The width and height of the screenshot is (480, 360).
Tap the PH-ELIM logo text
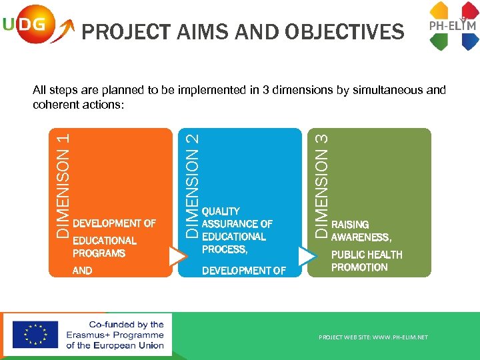pyautogui.click(x=452, y=26)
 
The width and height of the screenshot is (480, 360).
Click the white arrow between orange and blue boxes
pyautogui.click(x=178, y=257)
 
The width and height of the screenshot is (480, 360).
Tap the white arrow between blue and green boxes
pyautogui.click(x=307, y=257)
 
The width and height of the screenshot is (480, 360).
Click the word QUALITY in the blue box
pyautogui.click(x=221, y=211)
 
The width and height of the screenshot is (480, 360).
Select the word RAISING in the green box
pyautogui.click(x=350, y=225)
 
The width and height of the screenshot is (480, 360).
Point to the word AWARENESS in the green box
pyautogui.click(x=361, y=237)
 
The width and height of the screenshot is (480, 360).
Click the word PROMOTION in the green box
pyautogui.click(x=359, y=267)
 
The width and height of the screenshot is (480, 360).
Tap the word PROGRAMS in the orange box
pyautogui.click(x=99, y=253)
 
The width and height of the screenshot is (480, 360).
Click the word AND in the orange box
pyautogui.click(x=83, y=271)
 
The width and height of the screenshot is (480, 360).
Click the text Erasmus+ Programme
pyautogui.click(x=115, y=335)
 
